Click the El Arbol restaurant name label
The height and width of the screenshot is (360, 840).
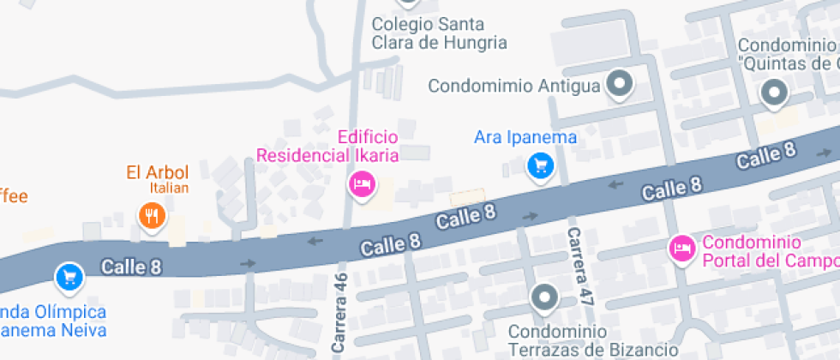tap(157, 171)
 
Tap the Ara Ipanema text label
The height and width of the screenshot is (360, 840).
tap(525, 137)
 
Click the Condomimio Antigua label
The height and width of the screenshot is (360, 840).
tap(513, 86)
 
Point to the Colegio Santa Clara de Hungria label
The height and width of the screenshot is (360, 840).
tap(439, 33)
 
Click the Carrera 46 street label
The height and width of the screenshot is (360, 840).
tap(339, 314)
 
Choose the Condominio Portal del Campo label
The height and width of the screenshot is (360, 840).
tap(768, 251)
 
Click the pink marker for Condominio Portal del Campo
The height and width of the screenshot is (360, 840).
tap(681, 249)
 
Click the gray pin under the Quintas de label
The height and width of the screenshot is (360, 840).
tap(775, 92)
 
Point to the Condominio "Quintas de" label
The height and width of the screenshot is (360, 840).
tap(788, 54)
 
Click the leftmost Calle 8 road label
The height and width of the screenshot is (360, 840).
tap(131, 267)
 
